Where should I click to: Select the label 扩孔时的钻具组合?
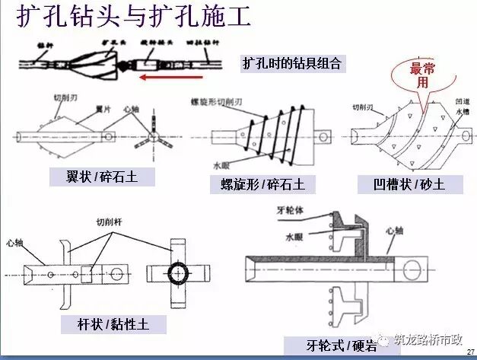(x=292, y=63)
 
